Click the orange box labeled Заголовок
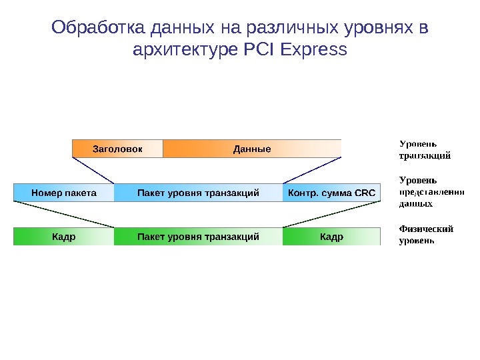[x=117, y=149]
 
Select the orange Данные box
[x=252, y=149]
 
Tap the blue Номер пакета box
[x=64, y=193]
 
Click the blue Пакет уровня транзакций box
[x=198, y=193]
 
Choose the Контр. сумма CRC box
[x=331, y=193]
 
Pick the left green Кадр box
[x=64, y=237]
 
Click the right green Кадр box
[x=331, y=237]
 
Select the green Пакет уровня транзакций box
[x=198, y=237]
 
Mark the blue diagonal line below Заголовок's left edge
[x=93, y=170]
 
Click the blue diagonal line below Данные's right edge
[x=313, y=170]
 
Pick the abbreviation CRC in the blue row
[x=365, y=193]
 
